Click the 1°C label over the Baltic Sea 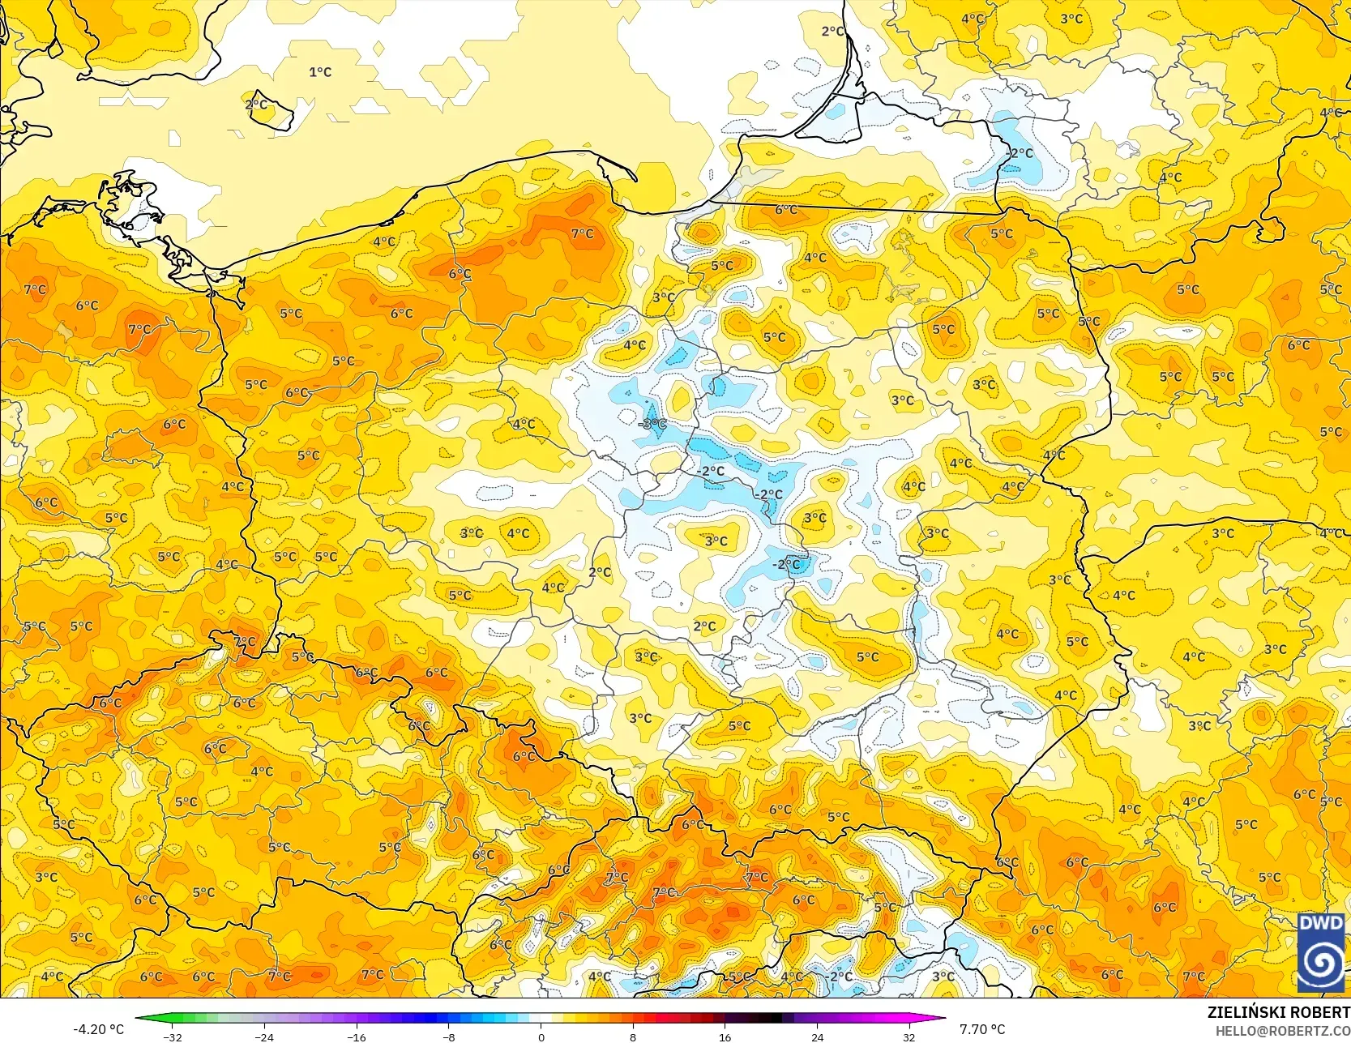coord(320,72)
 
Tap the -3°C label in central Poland coord(652,424)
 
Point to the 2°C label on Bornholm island coord(256,105)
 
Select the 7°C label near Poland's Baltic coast coord(582,233)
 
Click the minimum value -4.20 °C coord(99,1029)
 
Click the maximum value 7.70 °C coord(982,1029)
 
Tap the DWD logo coord(1320,952)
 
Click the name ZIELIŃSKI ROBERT coord(1278,1012)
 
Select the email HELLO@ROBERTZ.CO coord(1282,1029)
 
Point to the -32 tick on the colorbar coord(172,1037)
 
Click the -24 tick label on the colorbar coord(264,1037)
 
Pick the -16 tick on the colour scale coord(357,1037)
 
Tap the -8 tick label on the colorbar coord(448,1037)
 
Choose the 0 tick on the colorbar coord(541,1037)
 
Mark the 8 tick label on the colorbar coord(633,1037)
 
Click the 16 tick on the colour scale coord(725,1037)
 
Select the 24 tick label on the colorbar coord(817,1037)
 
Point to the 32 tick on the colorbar coord(909,1037)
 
